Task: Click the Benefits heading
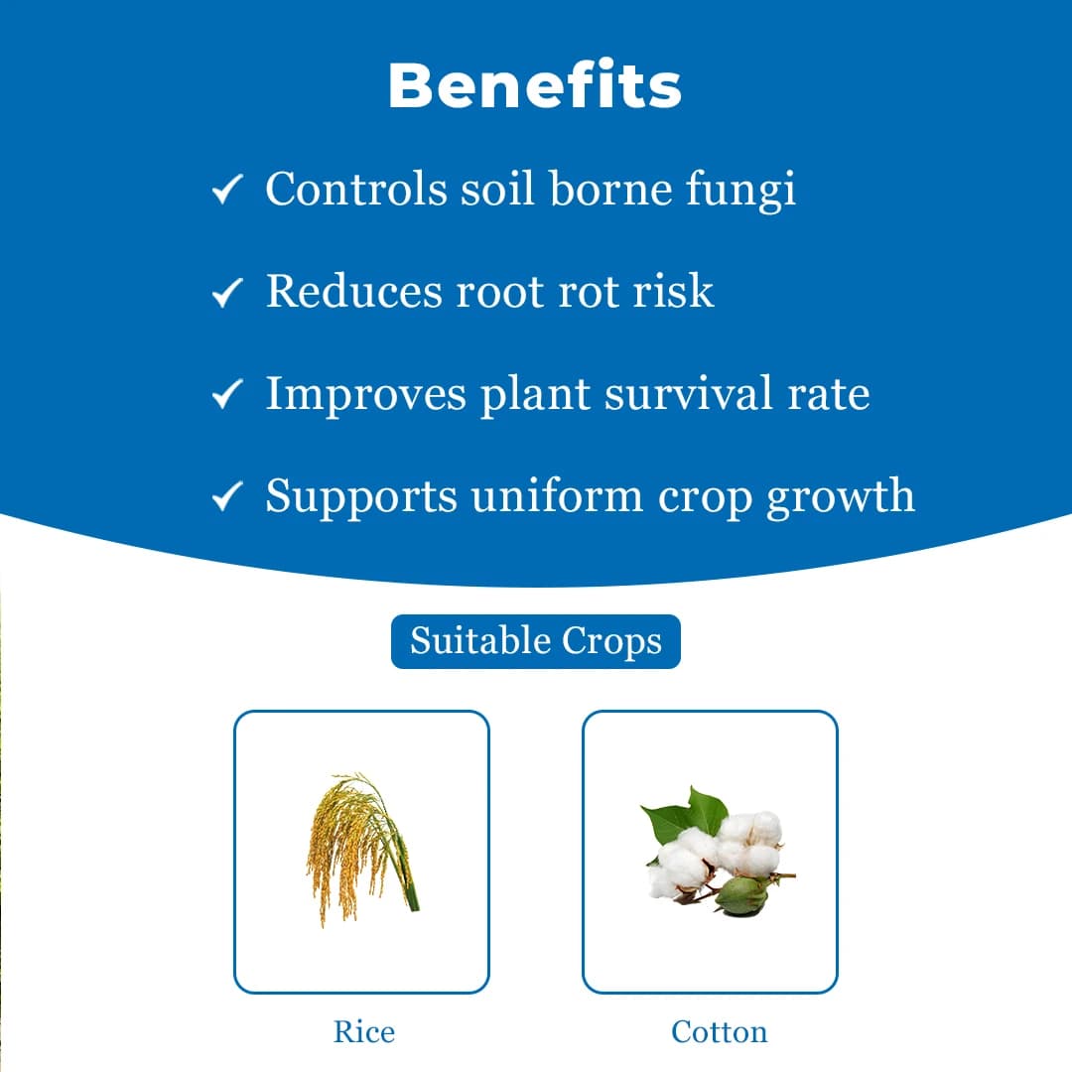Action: (535, 86)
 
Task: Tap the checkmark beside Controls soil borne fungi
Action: (228, 190)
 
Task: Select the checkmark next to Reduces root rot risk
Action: (228, 292)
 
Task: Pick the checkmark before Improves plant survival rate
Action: (228, 395)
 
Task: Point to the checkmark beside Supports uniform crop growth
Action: (228, 496)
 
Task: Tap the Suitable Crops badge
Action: (536, 641)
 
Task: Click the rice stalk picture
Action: (359, 849)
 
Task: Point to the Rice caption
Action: (363, 1031)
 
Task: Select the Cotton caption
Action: (719, 1031)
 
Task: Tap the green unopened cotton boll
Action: (742, 894)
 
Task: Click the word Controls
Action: (355, 189)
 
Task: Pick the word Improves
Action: (365, 394)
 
